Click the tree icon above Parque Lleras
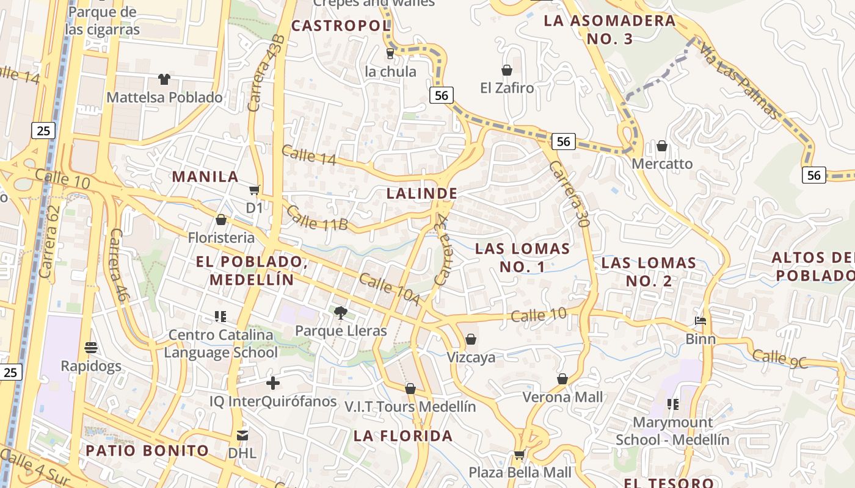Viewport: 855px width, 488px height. pos(341,314)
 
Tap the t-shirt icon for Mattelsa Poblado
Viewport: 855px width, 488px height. pos(164,79)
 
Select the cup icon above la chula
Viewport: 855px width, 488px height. pos(390,54)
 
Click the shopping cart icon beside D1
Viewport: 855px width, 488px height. pos(255,190)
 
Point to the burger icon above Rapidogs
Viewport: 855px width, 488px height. pos(91,348)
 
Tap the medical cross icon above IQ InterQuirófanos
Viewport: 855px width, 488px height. pos(273,383)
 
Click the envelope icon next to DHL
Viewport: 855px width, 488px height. pos(242,436)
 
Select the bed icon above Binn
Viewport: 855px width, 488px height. pos(700,321)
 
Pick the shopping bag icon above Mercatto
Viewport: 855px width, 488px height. pos(662,146)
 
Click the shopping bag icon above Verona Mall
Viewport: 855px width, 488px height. pos(562,379)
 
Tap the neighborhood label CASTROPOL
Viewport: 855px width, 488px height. pos(341,26)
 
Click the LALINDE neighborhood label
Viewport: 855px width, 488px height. pos(422,193)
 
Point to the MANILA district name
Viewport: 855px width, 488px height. pos(205,177)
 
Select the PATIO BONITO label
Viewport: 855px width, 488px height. pos(147,451)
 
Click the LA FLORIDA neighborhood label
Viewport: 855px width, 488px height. pos(403,436)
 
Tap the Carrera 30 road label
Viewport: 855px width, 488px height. pos(569,195)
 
